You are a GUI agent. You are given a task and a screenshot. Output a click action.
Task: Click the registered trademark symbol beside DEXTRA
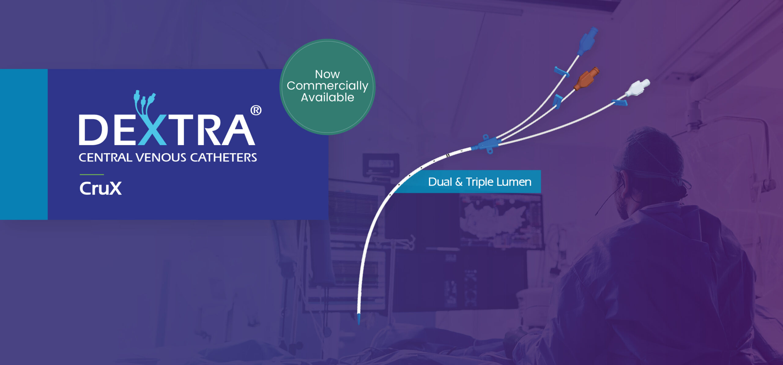[x=256, y=110]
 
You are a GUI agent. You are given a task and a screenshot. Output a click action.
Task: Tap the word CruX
[x=101, y=188]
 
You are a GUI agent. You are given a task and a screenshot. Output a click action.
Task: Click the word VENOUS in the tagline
[x=161, y=157]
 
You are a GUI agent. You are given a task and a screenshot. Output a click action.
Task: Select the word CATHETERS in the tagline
[x=224, y=157]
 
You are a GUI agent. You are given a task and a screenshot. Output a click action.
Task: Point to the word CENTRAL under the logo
[x=105, y=157]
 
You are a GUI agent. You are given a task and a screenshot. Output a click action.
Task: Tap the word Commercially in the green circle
[x=327, y=86]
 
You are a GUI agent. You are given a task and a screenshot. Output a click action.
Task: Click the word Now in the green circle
[x=327, y=74]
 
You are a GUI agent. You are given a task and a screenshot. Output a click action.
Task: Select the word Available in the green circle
[x=327, y=97]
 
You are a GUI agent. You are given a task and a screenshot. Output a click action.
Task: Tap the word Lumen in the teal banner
[x=514, y=182]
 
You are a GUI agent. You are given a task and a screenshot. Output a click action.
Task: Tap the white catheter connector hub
[x=637, y=88]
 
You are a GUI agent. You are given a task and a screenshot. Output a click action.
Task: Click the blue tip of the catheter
[x=359, y=319]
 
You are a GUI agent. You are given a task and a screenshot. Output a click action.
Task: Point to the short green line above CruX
[x=92, y=175]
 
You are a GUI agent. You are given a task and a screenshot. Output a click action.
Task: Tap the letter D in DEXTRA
[x=93, y=130]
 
